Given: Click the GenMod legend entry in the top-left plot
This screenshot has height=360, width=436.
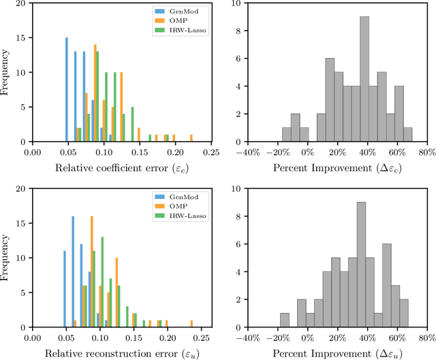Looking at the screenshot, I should pos(185,10).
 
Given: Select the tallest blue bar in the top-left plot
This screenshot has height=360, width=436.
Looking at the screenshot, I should pos(67,90).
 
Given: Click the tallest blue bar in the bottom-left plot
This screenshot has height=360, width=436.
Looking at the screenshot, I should pos(73,270).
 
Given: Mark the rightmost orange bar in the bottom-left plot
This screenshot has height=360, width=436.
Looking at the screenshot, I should pos(191,321).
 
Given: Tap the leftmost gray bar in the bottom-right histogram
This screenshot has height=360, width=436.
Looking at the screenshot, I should pos(285,318).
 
